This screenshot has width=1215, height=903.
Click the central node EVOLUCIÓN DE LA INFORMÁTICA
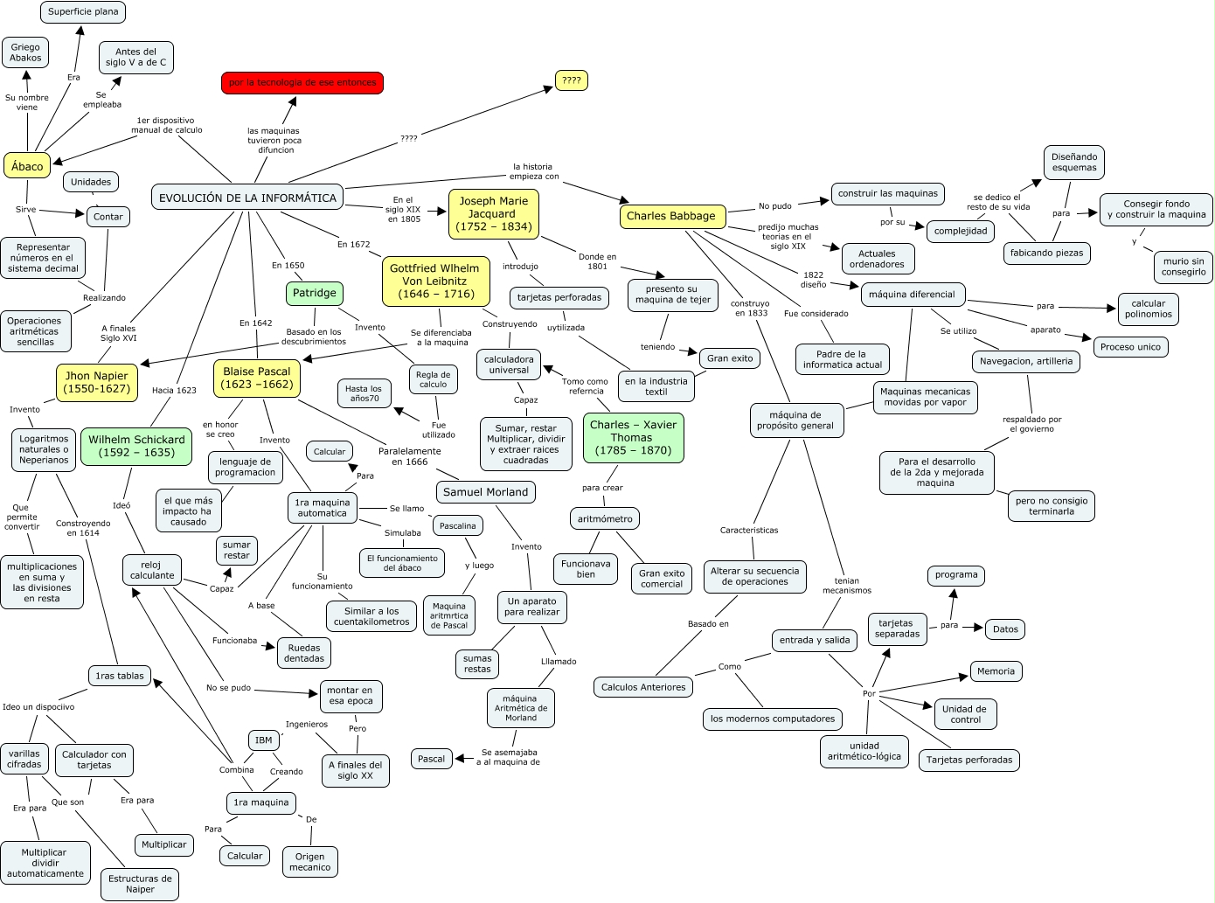247,198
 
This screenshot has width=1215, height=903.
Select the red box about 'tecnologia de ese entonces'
302,83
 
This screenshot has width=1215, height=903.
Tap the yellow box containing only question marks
572,80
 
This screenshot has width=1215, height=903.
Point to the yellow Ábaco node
27,166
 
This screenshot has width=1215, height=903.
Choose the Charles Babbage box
670,216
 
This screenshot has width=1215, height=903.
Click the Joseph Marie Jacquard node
493,214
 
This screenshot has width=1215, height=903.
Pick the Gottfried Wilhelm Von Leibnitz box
434,281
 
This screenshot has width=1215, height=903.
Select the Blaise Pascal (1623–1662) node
257,378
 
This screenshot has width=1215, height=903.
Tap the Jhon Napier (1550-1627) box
96,382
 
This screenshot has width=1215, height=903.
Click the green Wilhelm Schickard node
136,446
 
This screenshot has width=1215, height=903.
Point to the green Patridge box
314,294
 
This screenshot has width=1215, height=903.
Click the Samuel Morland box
485,492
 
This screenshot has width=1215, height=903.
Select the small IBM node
263,740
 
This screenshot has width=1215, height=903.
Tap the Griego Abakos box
25,52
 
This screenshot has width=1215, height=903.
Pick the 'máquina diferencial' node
912,295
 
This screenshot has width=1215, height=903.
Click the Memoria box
996,671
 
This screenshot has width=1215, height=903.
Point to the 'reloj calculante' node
152,570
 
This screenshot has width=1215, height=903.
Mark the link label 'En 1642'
255,323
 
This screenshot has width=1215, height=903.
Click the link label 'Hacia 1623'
174,391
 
